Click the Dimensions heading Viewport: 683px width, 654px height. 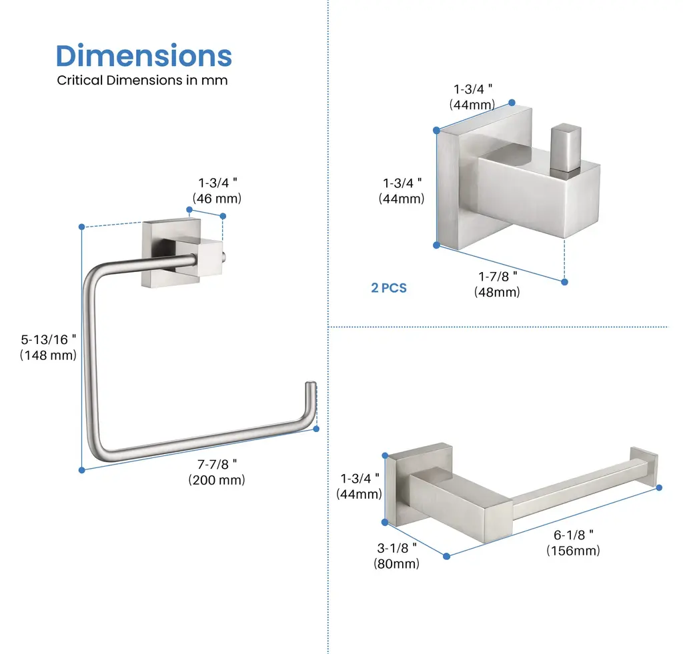tap(144, 56)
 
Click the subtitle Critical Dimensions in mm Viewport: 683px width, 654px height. tap(142, 80)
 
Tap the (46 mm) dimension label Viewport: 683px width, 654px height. tap(217, 199)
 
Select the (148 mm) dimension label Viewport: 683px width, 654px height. tap(48, 355)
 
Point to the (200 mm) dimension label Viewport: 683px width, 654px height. tap(217, 480)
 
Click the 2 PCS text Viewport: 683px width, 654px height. tap(389, 288)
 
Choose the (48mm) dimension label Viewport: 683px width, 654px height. tap(497, 292)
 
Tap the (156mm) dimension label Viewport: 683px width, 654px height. tap(573, 551)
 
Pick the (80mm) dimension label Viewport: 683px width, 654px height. tap(396, 563)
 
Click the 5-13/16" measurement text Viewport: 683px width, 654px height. tap(48, 339)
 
